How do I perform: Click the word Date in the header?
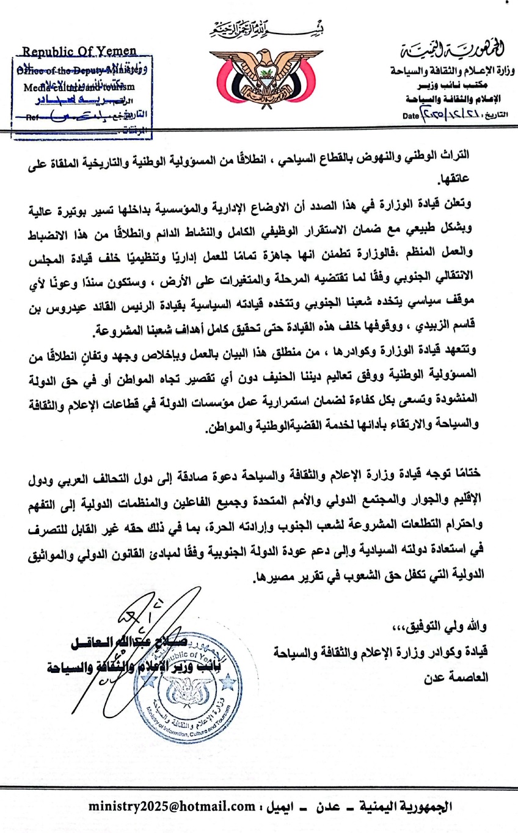[410, 115]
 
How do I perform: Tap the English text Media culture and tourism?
[78, 87]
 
